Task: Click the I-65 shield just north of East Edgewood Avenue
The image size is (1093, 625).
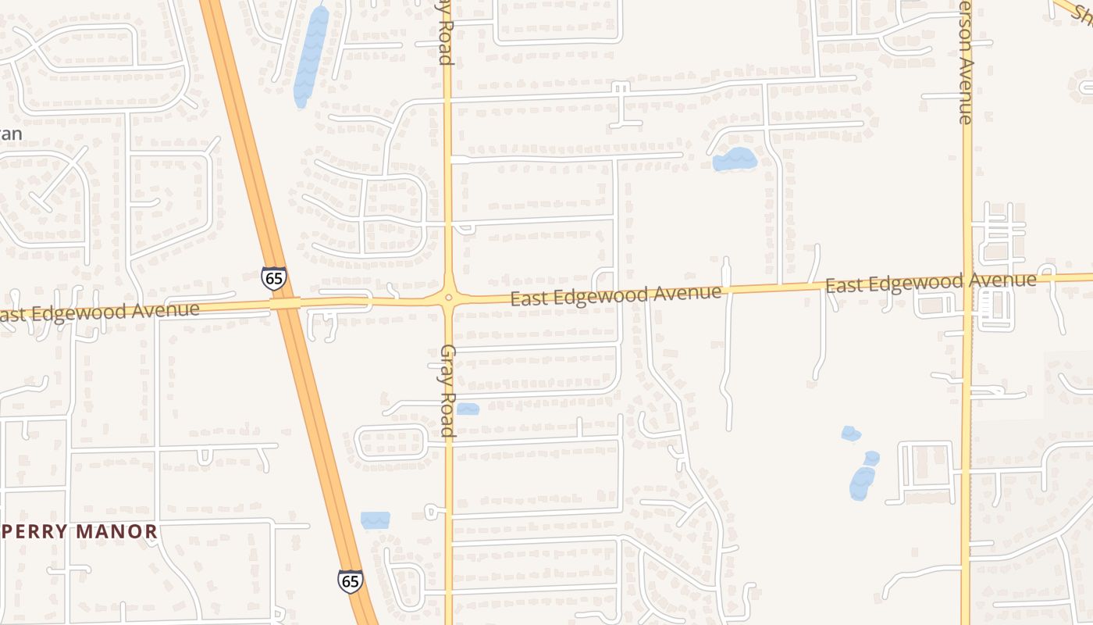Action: pyautogui.click(x=274, y=278)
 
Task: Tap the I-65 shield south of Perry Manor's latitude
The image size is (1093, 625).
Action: pyautogui.click(x=351, y=580)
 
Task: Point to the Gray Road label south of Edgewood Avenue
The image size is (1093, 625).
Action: pyautogui.click(x=447, y=391)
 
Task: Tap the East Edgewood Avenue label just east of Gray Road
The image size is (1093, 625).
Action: pyautogui.click(x=615, y=295)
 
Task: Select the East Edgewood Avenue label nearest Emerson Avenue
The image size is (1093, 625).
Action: pyautogui.click(x=931, y=283)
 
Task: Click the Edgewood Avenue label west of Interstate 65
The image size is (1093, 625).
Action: pyautogui.click(x=98, y=312)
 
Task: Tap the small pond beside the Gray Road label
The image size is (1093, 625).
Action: pyautogui.click(x=468, y=409)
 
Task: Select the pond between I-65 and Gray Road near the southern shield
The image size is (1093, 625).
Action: pyautogui.click(x=375, y=520)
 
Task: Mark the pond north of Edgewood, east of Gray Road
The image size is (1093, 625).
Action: pyautogui.click(x=735, y=159)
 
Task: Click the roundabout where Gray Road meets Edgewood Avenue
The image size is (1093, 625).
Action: pyautogui.click(x=449, y=298)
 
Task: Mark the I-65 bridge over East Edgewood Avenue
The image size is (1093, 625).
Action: pyautogui.click(x=287, y=303)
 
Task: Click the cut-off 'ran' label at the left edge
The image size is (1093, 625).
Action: pyautogui.click(x=11, y=134)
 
